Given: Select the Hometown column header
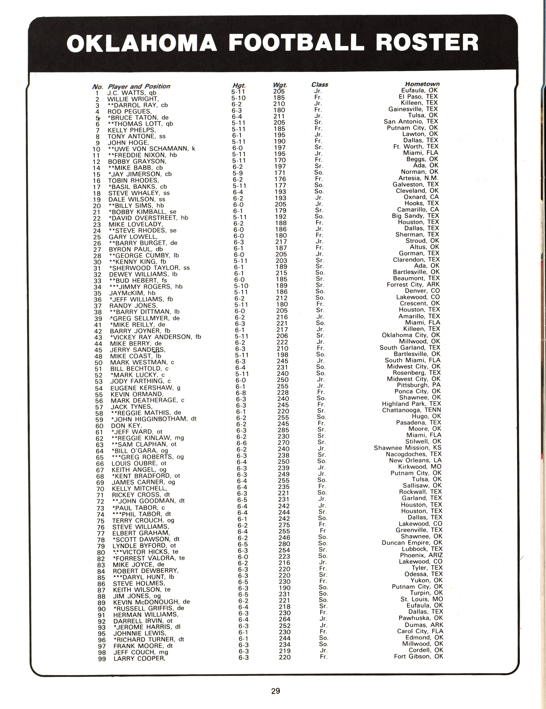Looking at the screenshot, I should (x=422, y=84).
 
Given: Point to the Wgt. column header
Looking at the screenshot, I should (x=280, y=85).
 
